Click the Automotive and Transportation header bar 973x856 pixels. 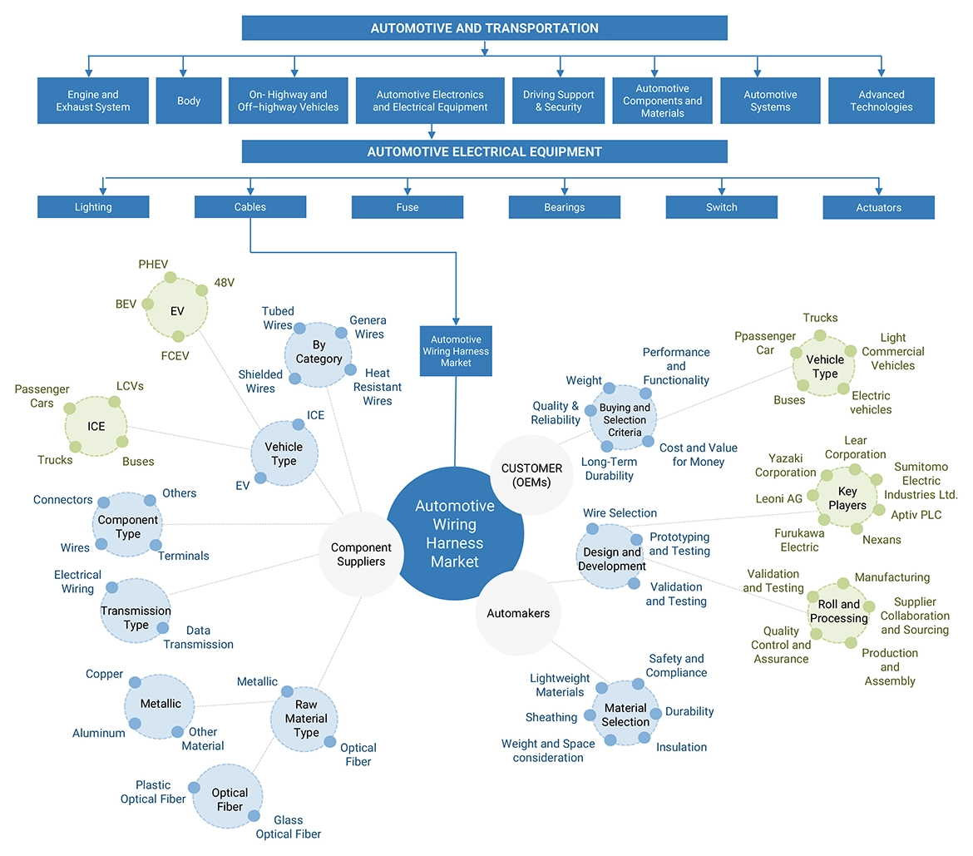click(484, 28)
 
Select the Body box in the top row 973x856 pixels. click(189, 101)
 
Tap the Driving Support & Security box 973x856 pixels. click(558, 101)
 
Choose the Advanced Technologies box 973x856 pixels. click(881, 101)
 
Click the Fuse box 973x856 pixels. click(407, 207)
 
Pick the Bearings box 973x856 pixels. click(565, 207)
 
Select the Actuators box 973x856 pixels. click(878, 207)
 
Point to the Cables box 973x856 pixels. click(250, 207)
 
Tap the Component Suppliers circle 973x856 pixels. click(361, 554)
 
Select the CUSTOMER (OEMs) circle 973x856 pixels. click(532, 475)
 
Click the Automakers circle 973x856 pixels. click(518, 613)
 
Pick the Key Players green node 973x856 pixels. click(847, 499)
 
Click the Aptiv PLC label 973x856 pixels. click(916, 515)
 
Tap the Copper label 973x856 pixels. click(104, 674)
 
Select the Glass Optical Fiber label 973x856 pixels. click(288, 827)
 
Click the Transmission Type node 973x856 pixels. click(136, 617)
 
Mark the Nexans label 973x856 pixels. click(882, 540)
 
